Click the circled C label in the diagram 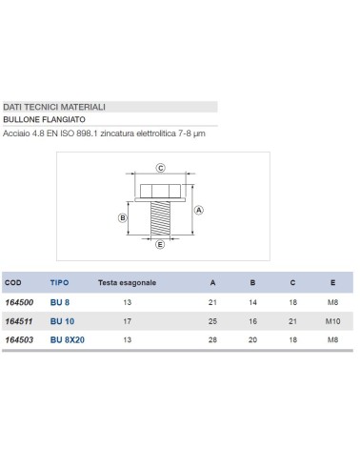[161, 168]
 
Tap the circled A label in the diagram [198, 210]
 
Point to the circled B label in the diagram [122, 218]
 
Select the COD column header [13, 283]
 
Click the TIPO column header [59, 283]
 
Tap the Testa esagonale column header [133, 283]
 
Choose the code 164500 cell [19, 302]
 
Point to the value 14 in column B [253, 302]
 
